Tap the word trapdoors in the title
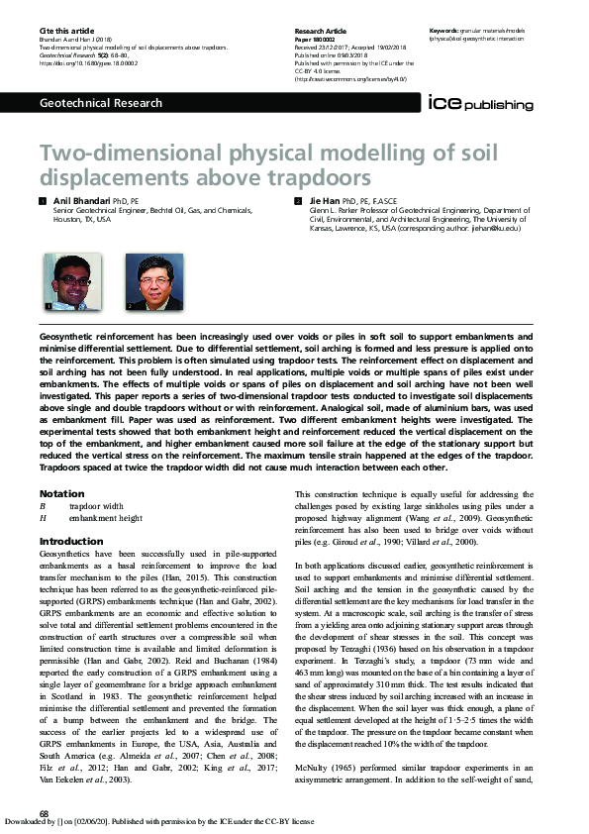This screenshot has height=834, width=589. pos(308,178)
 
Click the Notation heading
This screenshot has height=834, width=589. pos(61,493)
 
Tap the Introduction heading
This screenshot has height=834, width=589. pos(70,541)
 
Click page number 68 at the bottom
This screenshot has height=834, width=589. pos(45,813)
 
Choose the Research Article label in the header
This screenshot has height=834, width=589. pos(320,32)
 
